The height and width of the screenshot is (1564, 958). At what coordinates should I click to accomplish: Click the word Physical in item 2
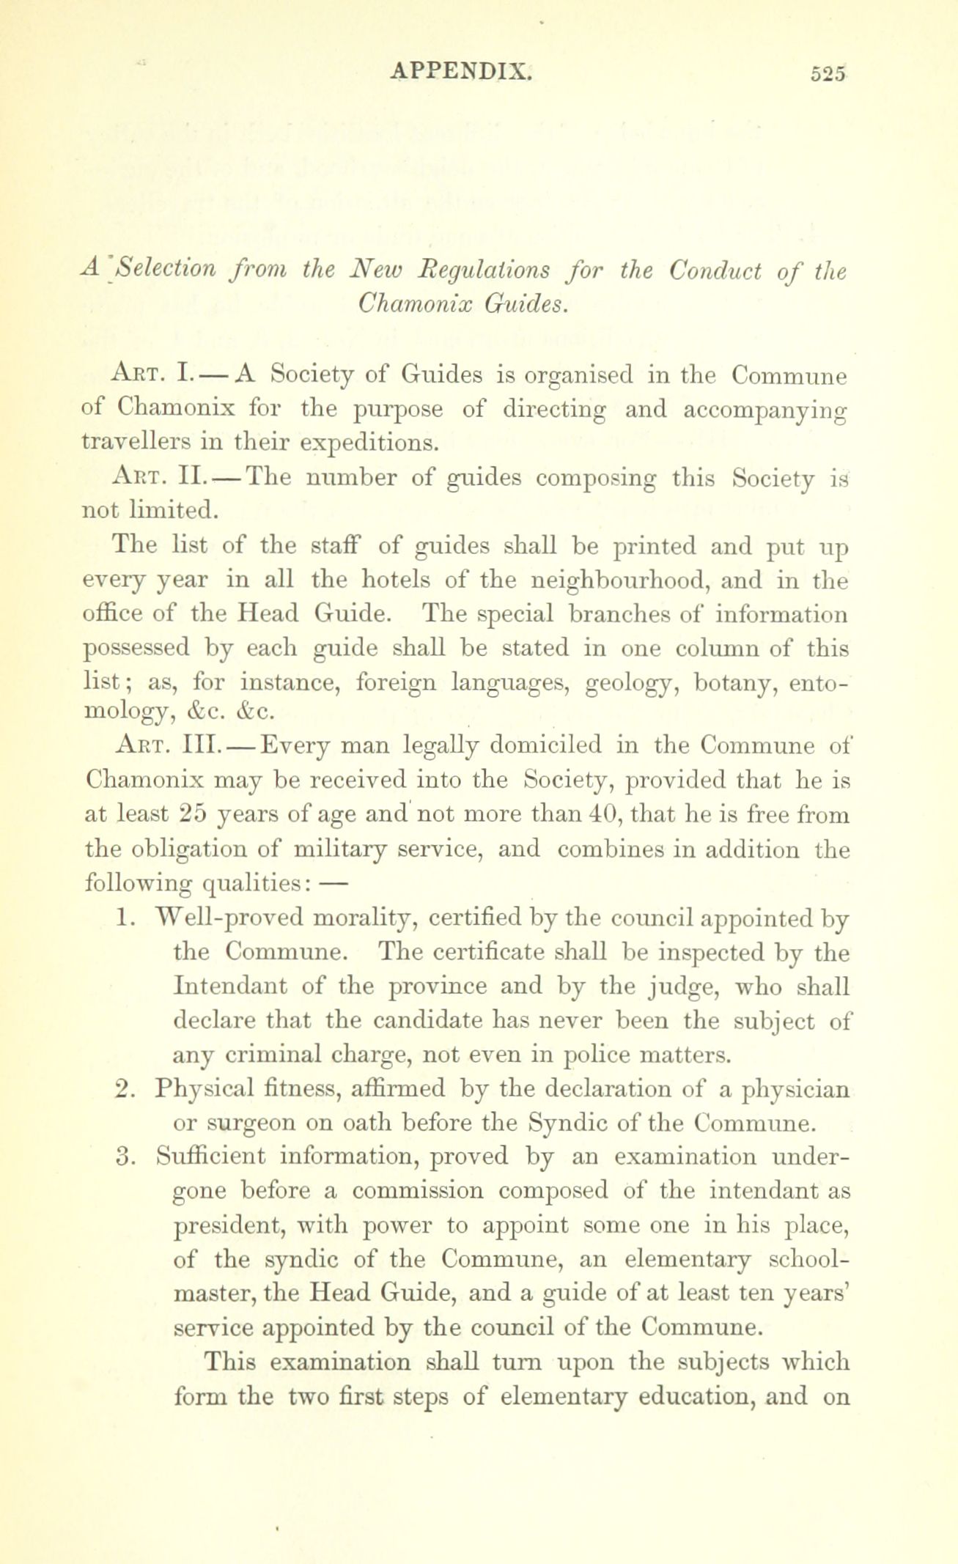[202, 1091]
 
